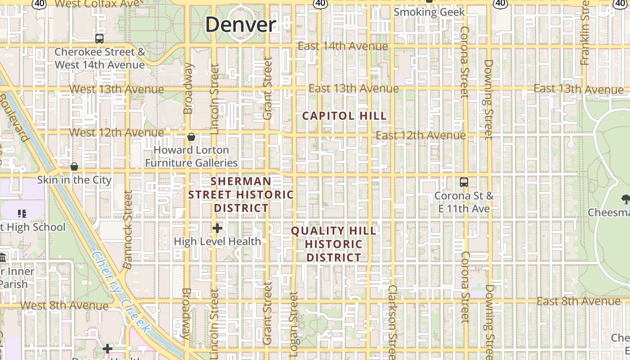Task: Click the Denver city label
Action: (240, 24)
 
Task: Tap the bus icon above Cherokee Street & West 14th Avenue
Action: (99, 39)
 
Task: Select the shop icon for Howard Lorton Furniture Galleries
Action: (191, 137)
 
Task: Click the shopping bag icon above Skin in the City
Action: (74, 167)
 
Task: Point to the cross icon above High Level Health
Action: (217, 228)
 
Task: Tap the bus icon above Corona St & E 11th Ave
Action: (464, 182)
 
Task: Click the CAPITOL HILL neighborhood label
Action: (344, 116)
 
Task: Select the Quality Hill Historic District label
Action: (333, 244)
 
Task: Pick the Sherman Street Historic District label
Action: (241, 194)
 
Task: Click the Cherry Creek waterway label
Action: (121, 292)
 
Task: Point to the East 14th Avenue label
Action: (343, 46)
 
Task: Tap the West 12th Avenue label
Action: (117, 133)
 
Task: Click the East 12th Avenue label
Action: (421, 135)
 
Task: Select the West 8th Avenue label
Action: (64, 306)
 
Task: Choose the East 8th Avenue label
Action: (578, 301)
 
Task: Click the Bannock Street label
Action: (128, 229)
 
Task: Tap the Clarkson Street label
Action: (392, 322)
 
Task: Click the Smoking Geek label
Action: (429, 12)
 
